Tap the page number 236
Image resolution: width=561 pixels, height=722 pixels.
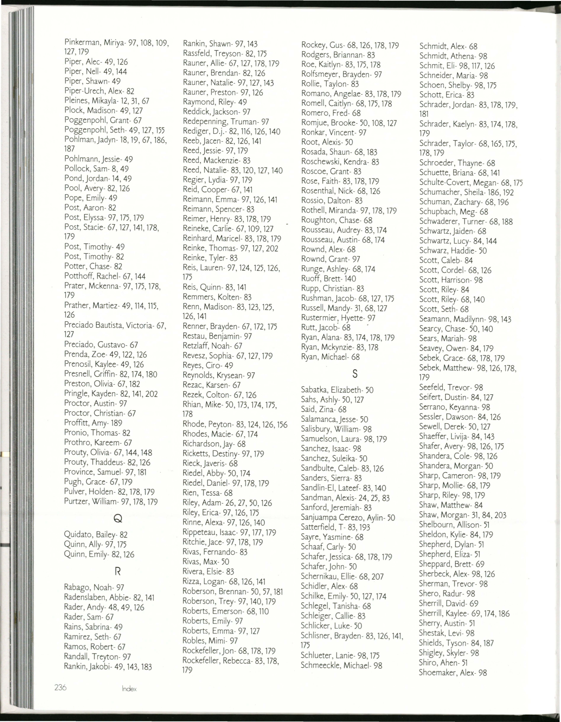[61, 687]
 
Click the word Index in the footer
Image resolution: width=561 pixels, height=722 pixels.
[129, 689]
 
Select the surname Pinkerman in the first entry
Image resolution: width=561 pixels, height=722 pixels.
[82, 42]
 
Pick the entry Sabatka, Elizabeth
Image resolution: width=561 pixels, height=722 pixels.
[337, 390]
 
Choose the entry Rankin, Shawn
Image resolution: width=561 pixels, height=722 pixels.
[220, 44]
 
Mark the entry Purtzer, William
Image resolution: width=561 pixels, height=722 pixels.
[111, 502]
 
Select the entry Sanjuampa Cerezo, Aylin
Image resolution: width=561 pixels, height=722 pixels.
[348, 517]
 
